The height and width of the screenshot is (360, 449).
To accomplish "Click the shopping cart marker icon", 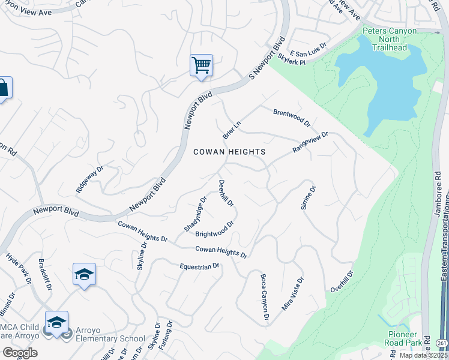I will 201,65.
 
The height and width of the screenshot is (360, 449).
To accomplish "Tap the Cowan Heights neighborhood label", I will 229,152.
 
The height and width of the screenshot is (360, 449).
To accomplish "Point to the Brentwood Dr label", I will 292,118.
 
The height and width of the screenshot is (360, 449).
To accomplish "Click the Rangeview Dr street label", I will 310,143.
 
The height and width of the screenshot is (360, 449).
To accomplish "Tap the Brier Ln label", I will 232,129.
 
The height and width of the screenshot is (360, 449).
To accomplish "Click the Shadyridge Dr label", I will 196,214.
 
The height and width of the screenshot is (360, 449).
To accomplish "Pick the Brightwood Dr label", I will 214,229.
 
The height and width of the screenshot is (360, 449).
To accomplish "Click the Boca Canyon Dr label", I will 264,297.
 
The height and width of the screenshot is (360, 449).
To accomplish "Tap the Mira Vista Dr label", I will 293,293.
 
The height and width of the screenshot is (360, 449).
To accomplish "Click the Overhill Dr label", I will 342,281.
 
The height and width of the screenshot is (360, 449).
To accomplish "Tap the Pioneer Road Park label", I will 401,338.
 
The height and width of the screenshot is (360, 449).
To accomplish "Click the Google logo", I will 20,353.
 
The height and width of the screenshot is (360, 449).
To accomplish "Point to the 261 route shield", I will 442,343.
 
